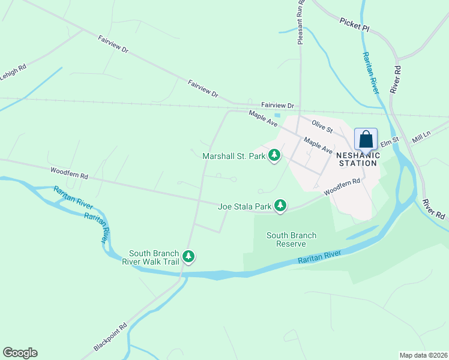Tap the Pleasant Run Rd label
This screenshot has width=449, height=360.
(301, 22)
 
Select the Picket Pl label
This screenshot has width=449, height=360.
(354, 22)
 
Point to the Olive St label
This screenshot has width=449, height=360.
(322, 125)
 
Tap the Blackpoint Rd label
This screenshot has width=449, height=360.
(110, 338)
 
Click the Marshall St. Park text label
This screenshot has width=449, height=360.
(234, 156)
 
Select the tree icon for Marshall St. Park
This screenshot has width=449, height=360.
(274, 156)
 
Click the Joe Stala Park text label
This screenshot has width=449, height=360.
(245, 206)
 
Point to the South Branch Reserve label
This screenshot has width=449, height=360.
(291, 239)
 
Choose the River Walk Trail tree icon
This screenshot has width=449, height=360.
(189, 257)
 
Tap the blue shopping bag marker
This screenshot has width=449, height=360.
(365, 139)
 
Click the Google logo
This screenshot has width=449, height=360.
(20, 353)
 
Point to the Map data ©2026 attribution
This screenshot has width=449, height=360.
(423, 355)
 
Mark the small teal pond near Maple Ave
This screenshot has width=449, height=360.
(277, 116)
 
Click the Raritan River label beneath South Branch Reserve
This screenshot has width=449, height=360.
(319, 257)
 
